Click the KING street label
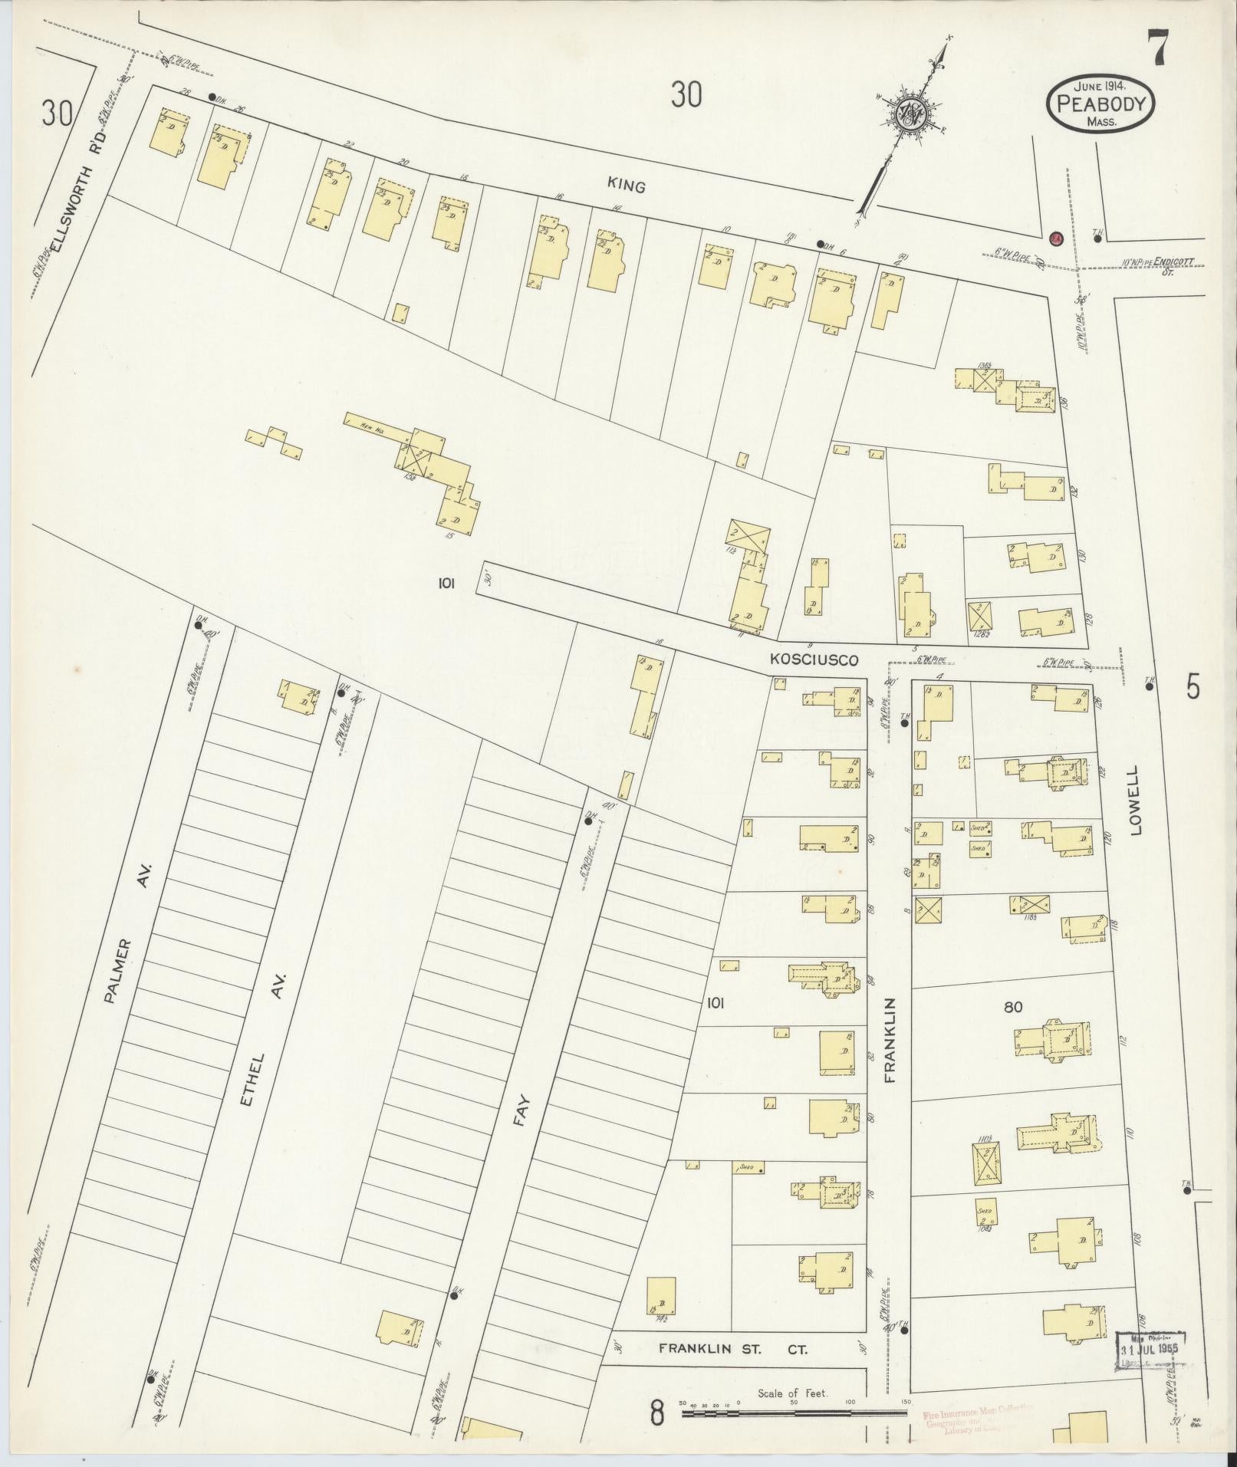[x=626, y=185]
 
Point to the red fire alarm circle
[x=1055, y=238]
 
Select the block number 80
[x=1013, y=1007]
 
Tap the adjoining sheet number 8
[x=656, y=1413]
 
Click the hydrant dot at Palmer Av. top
[x=198, y=625]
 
